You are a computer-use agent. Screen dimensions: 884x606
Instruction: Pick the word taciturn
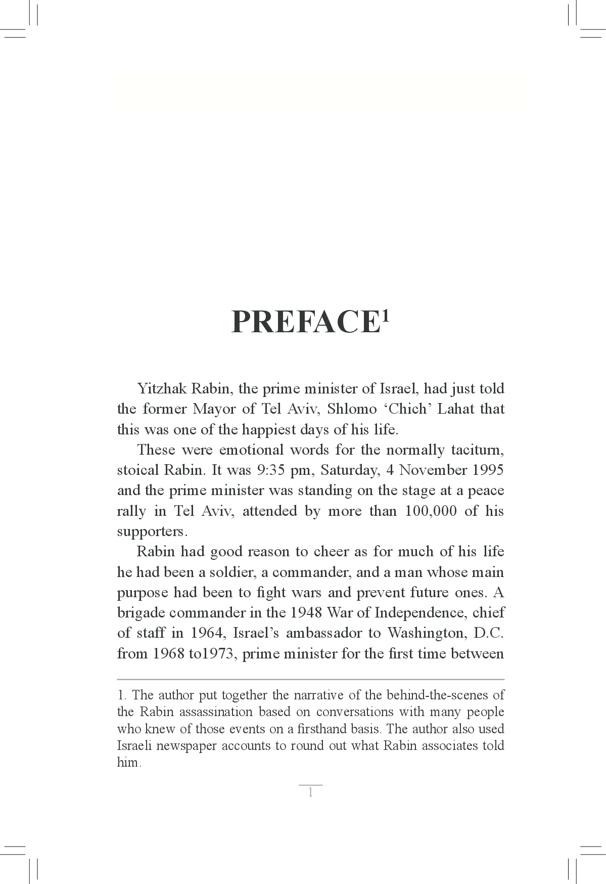[x=477, y=450]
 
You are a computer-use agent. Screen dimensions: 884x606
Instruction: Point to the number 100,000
[x=430, y=511]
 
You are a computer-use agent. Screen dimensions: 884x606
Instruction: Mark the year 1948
[x=307, y=612]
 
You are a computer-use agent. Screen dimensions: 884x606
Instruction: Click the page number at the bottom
[x=310, y=792]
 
